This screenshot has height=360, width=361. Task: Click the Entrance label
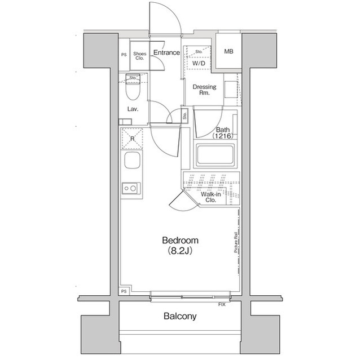click(166, 53)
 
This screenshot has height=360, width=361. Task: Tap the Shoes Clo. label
click(139, 56)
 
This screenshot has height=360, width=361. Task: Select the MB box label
click(228, 52)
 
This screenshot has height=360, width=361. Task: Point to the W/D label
click(199, 64)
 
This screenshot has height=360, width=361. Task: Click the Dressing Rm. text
click(204, 90)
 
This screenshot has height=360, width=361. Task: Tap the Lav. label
click(133, 109)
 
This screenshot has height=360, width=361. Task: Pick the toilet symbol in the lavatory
click(133, 89)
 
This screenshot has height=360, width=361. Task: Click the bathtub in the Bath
click(215, 155)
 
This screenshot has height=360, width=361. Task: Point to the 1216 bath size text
click(223, 136)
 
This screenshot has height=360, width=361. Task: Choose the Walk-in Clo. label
click(211, 197)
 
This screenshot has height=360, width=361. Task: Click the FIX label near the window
click(223, 305)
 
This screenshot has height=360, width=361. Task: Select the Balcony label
click(180, 316)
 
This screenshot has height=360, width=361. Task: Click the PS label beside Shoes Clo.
click(124, 55)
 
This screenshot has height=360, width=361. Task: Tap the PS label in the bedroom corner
click(124, 292)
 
